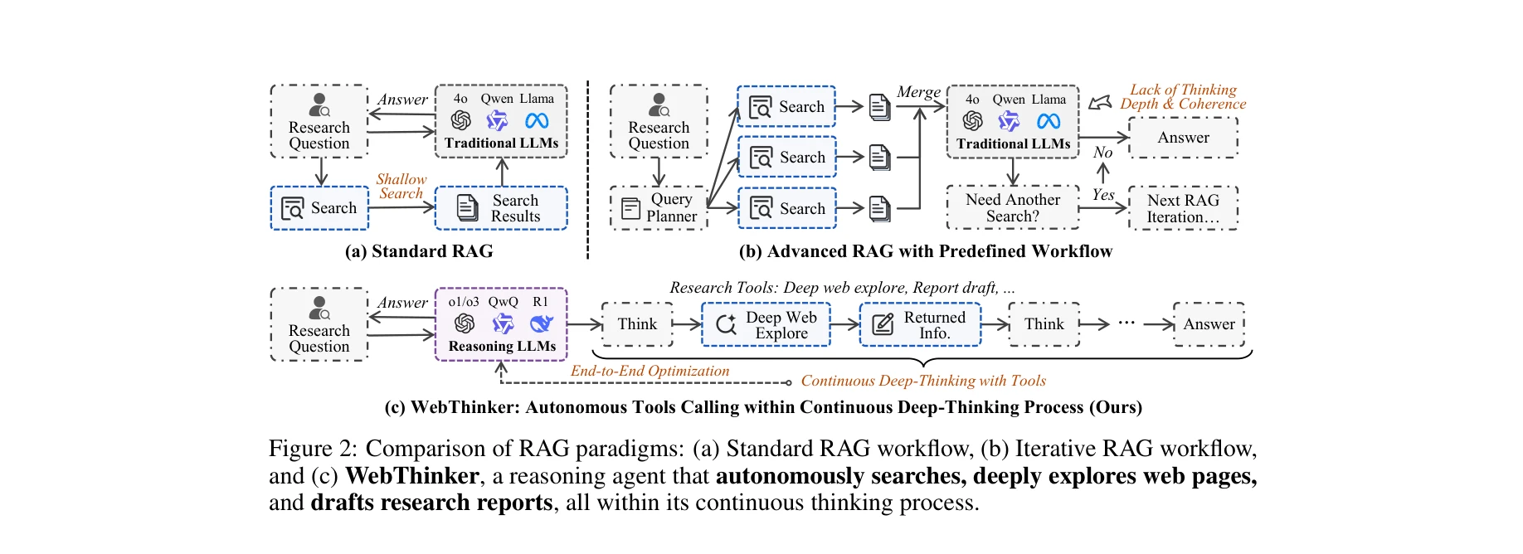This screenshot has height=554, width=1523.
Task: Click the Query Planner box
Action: point(659,208)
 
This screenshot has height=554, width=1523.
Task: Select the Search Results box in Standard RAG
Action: point(501,208)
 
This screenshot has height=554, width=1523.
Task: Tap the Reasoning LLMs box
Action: point(501,324)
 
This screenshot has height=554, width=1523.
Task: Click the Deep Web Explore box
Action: point(765,324)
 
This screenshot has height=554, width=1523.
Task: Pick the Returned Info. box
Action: point(919,324)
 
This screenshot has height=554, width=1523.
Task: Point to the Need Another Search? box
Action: point(1012,208)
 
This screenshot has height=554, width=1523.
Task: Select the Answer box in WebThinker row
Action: point(1208,324)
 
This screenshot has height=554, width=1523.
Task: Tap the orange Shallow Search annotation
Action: point(401,186)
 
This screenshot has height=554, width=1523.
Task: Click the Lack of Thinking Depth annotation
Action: point(1182,96)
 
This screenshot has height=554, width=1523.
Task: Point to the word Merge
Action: point(918,92)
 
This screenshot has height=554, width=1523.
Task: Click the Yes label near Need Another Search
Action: point(1102,195)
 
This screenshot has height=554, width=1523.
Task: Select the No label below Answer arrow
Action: point(1102,153)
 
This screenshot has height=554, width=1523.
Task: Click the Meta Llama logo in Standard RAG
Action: point(537,121)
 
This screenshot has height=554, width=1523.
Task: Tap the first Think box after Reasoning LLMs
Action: point(636,324)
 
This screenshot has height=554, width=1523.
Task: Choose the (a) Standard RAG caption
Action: point(419,251)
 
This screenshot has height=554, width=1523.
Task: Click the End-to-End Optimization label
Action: point(650,371)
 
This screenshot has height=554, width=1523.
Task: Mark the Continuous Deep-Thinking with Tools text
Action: point(922,381)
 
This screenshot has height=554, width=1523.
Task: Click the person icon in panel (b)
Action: point(659,104)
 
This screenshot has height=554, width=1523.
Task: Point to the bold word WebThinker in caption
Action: point(411,476)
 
